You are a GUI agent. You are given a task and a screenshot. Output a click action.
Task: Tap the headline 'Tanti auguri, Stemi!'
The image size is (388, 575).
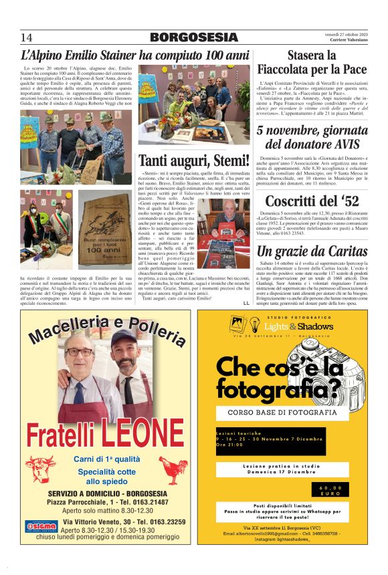[x=193, y=161]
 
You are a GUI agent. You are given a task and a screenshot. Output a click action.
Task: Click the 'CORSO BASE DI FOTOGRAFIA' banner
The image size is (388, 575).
[x=282, y=413]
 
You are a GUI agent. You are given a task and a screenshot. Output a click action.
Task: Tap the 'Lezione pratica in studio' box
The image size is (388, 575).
[x=282, y=468]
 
